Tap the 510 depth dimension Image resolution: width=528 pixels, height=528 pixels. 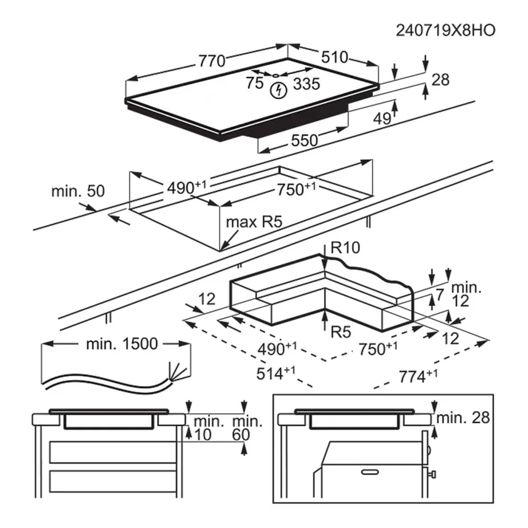[335, 57]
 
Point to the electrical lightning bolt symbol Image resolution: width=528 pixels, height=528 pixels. [279, 90]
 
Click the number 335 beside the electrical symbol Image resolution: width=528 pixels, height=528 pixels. [306, 84]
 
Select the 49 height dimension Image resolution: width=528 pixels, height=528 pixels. [382, 119]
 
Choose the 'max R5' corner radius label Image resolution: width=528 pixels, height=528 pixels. [254, 222]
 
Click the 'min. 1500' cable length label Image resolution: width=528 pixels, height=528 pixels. [121, 344]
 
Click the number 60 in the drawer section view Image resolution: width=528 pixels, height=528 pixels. [242, 435]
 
